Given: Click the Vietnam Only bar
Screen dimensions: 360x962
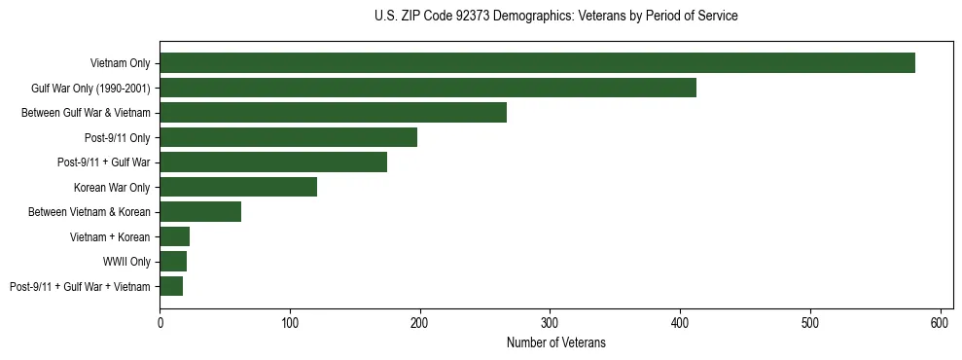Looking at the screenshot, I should [x=537, y=63].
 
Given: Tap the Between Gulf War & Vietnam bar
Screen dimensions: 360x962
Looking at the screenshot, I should [x=333, y=113].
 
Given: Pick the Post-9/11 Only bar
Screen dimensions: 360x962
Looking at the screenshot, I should [x=288, y=137].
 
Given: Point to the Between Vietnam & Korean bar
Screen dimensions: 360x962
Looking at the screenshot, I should [x=200, y=212].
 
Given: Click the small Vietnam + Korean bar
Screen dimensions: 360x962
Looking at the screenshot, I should [x=175, y=236].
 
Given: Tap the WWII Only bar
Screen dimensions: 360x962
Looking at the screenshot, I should [x=173, y=261].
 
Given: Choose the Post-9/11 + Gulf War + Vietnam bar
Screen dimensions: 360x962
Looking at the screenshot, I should [x=171, y=286].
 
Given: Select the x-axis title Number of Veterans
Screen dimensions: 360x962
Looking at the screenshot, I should [x=555, y=342].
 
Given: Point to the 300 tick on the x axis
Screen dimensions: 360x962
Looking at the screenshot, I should [x=551, y=322].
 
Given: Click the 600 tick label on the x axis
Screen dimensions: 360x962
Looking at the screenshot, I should [x=941, y=322].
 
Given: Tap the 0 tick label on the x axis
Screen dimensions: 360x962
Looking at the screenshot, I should [x=160, y=322].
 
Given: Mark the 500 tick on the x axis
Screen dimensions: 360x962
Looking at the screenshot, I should [x=810, y=322].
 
